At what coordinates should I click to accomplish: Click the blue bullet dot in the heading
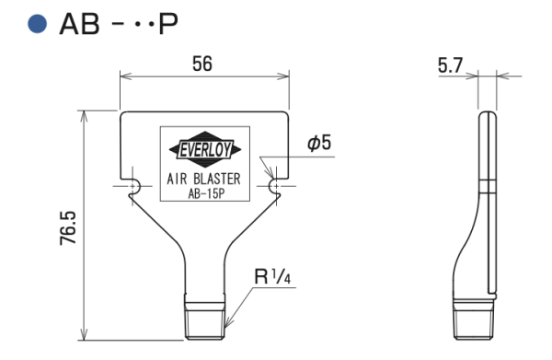(x=38, y=24)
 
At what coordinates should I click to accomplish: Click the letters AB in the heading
(x=79, y=24)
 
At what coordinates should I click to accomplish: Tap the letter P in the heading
(x=168, y=24)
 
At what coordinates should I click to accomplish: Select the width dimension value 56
(x=202, y=64)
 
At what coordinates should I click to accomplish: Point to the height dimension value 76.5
(x=68, y=228)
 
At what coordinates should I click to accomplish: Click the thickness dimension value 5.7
(x=450, y=65)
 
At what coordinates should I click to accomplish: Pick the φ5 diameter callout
(x=319, y=143)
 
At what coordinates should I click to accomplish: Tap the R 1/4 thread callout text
(x=272, y=276)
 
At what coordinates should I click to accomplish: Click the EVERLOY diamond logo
(x=205, y=149)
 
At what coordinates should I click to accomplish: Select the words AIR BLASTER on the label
(x=204, y=179)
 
